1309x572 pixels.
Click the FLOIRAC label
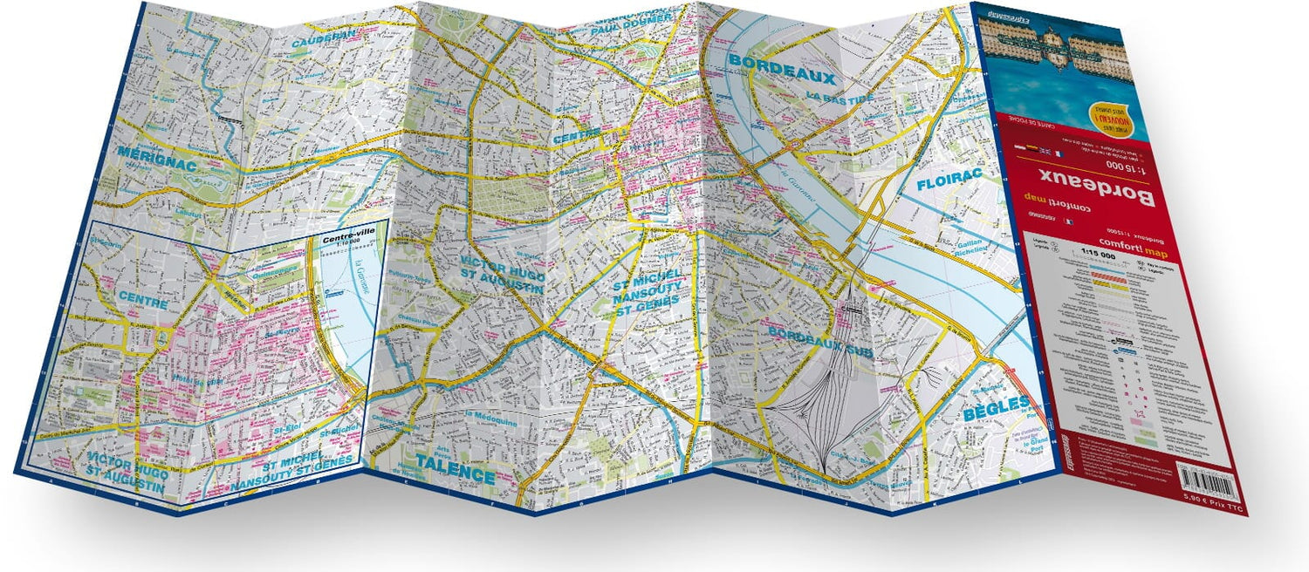point(949,179)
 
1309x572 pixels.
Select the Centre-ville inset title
point(346,237)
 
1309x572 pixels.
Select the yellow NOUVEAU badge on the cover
point(1107,115)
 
